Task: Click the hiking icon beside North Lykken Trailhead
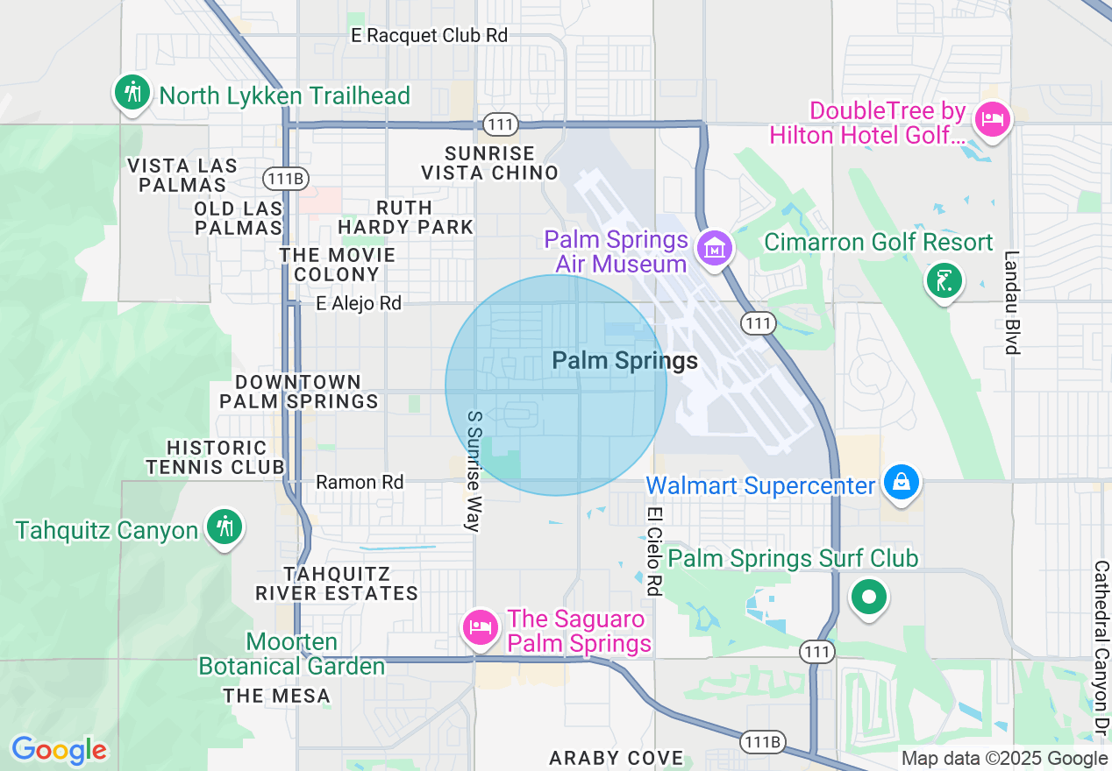pos(132,91)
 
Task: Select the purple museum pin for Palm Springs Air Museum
pos(716,248)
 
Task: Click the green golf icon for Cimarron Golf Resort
pos(944,281)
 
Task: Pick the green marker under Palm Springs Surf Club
pos(868,598)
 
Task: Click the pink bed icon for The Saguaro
pos(481,628)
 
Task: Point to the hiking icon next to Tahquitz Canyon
pos(225,527)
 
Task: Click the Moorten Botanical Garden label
pos(292,654)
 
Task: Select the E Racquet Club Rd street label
pos(429,36)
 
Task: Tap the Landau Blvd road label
pos(1014,302)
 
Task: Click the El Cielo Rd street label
pos(653,551)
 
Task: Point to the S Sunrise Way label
pos(474,470)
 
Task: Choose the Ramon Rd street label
pos(360,482)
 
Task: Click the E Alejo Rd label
pos(359,303)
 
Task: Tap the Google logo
pos(59,750)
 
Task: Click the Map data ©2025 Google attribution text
pos(1004,759)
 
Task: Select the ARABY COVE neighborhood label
pos(616,758)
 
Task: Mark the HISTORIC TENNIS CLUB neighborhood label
pos(216,457)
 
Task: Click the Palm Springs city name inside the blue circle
pos(624,361)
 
